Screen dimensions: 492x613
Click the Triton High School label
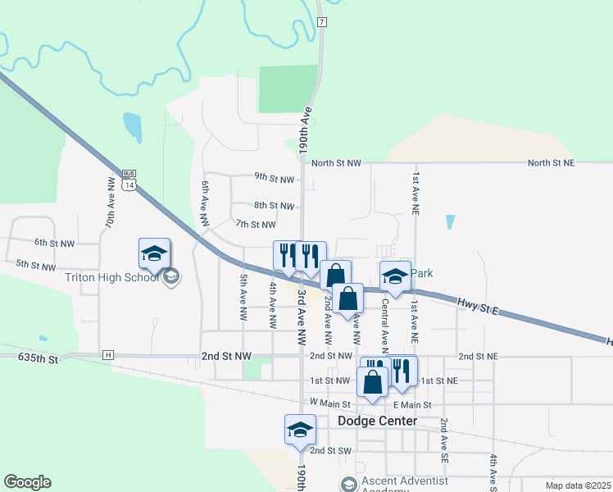tap(111, 277)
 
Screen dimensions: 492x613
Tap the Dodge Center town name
tap(377, 421)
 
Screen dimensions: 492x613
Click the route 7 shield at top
tap(323, 20)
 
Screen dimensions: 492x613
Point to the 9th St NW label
tap(274, 179)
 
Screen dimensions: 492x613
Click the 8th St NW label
tap(274, 206)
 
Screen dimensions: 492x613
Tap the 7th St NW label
tap(256, 224)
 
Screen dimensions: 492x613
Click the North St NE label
tap(551, 163)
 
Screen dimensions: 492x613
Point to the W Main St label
tap(330, 403)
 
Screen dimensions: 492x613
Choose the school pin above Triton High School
tap(154, 254)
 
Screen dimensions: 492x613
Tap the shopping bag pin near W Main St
tap(372, 383)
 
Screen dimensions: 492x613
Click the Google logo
tap(27, 482)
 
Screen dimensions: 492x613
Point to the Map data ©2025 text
tap(577, 485)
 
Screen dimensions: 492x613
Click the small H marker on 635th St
tap(107, 354)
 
